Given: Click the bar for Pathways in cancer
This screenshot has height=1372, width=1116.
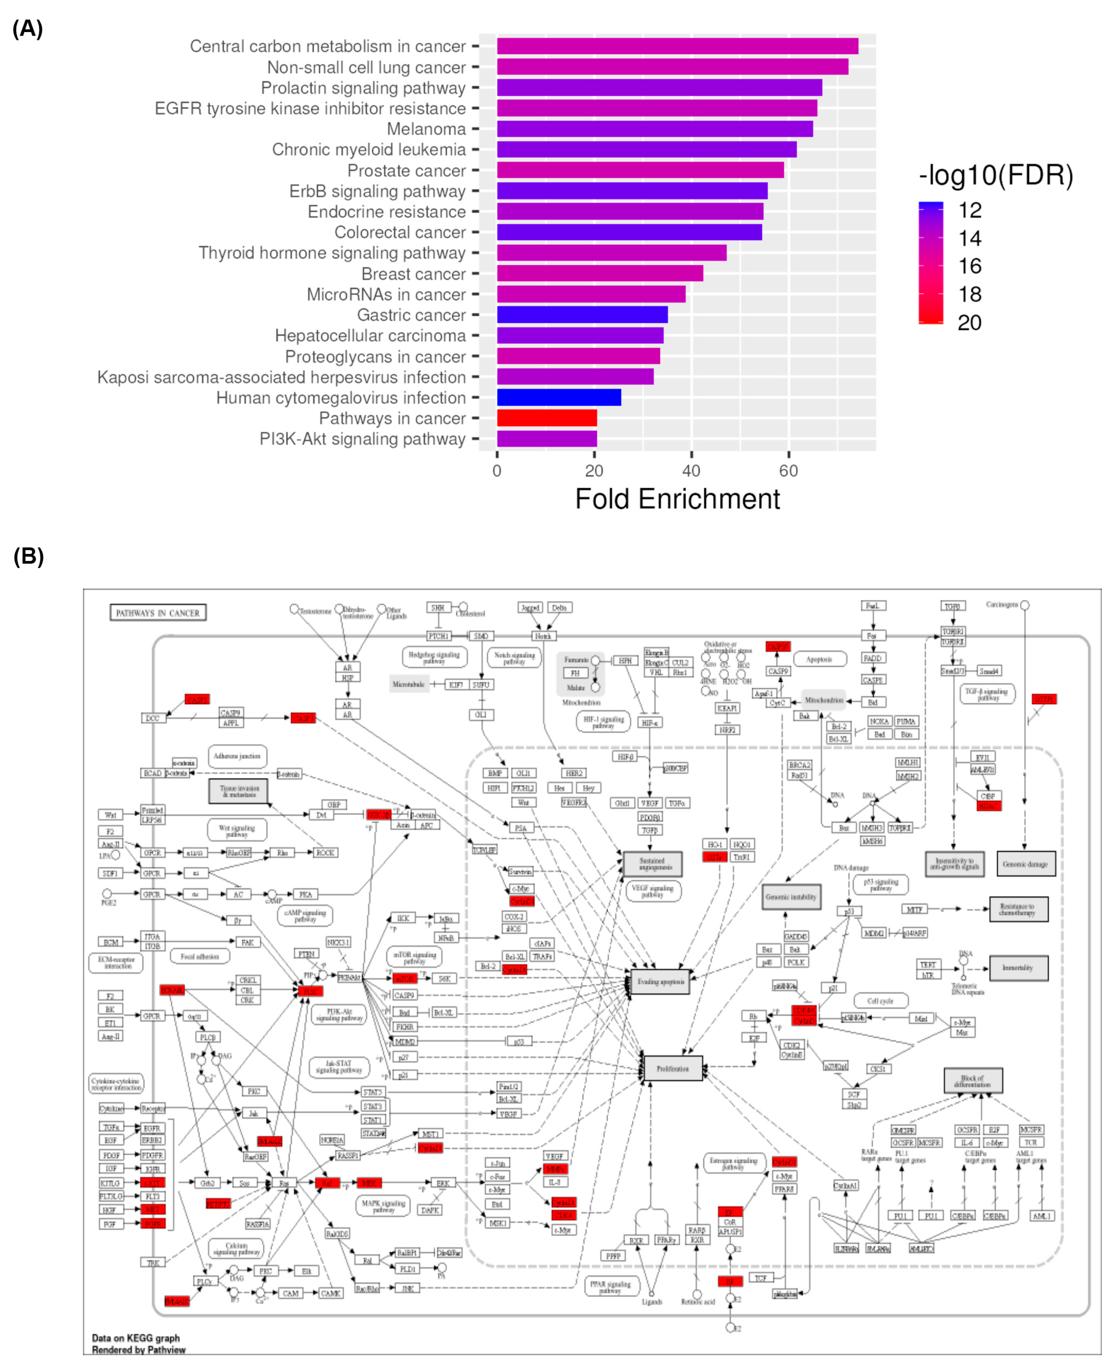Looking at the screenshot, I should tap(546, 418).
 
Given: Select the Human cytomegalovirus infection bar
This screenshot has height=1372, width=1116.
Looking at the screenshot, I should tap(559, 398).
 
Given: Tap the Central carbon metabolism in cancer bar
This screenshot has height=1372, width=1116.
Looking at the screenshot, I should tap(677, 46).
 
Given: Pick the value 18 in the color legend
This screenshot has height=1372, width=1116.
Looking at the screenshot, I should tap(969, 295).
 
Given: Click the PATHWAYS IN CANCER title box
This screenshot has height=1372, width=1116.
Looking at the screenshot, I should tap(157, 612).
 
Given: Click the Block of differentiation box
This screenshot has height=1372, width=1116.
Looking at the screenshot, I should tap(973, 1081).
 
